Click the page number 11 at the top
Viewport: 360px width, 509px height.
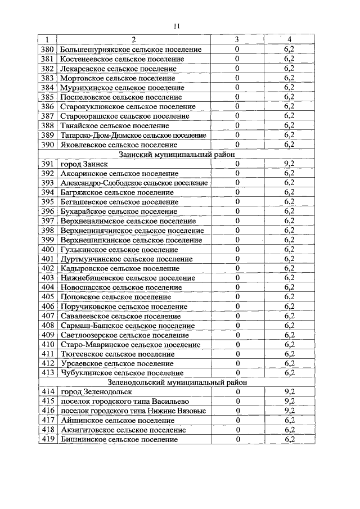point(177,26)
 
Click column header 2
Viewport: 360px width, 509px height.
point(134,39)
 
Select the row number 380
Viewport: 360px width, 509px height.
point(48,49)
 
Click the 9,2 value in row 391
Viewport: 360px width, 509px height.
point(290,164)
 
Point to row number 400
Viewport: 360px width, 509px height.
point(48,249)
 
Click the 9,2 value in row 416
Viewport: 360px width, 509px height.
point(290,411)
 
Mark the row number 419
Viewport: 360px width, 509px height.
point(48,439)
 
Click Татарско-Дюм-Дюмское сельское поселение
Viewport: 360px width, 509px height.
point(133,135)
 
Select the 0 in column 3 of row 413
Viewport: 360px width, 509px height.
point(237,372)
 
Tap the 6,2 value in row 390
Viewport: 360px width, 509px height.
point(290,145)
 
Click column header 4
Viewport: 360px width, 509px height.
point(290,39)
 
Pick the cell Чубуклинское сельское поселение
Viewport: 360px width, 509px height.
point(121,372)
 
